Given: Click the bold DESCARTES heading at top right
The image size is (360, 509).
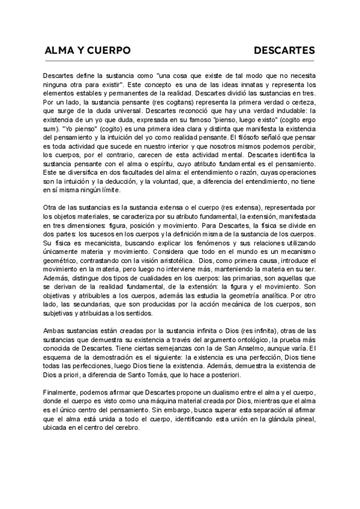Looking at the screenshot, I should point(284,51).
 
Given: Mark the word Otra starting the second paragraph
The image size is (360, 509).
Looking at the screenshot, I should point(51,207).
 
